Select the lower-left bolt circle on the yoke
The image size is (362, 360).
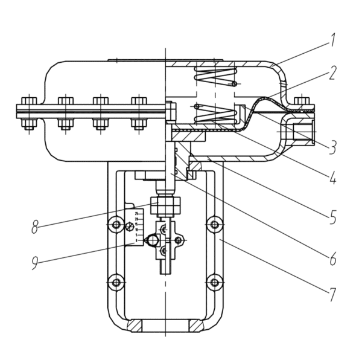(116, 281)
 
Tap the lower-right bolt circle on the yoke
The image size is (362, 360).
(214, 281)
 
